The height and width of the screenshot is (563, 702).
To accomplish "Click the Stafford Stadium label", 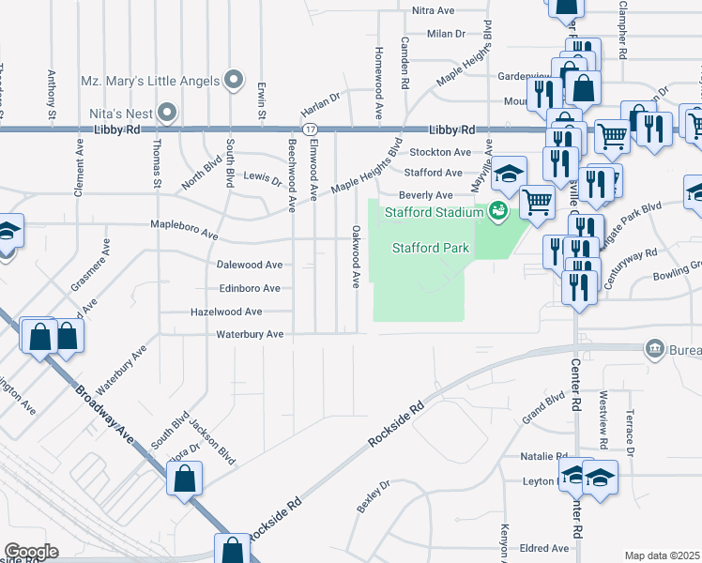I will pos(433,211).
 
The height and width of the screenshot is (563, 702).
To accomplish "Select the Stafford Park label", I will pos(430,249).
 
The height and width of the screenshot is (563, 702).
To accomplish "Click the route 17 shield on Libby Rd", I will pos(308,129).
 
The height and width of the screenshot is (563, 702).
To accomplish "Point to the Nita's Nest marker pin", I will pos(168,113).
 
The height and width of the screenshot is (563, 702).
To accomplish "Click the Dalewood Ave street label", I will pos(250,266).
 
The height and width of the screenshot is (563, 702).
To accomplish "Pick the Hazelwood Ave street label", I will pos(226,311).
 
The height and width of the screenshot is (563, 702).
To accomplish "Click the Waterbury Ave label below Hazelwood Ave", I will pos(250,333).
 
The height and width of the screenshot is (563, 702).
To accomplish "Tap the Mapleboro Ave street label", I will pos(185,225).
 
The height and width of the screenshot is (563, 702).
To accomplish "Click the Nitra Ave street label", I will pos(434,10).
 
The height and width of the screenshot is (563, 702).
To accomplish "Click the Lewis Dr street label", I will pos(263,176).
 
